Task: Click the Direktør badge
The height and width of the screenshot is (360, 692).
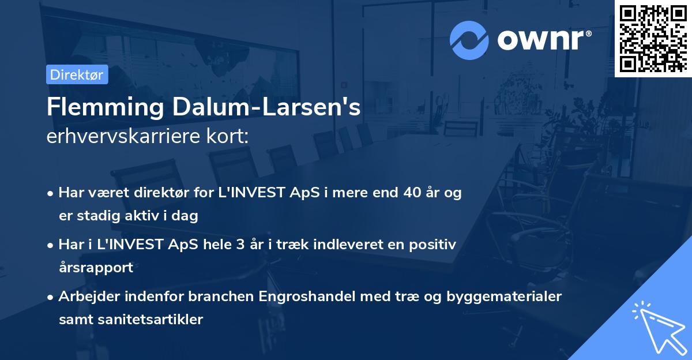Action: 77,74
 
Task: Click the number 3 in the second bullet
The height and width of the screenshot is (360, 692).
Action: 249,245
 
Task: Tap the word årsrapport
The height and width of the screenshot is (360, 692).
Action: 96,267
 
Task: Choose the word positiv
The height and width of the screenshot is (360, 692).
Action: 434,245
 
